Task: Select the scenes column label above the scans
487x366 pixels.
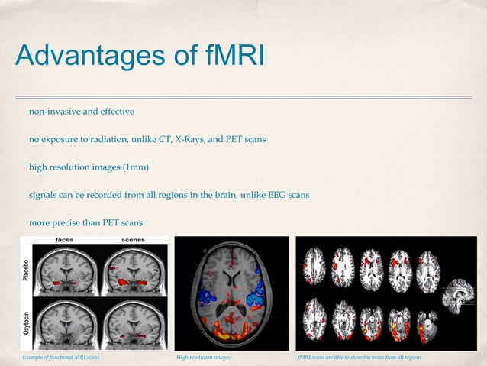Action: tap(135, 239)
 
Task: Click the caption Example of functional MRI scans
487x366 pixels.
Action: tap(60, 358)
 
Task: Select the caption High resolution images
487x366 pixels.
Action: tap(203, 358)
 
